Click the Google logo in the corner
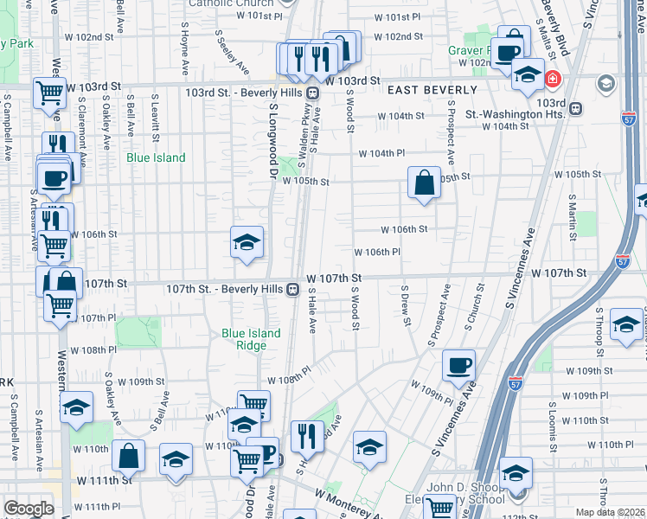(28, 509)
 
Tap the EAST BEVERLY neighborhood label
(432, 90)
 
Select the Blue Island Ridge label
(251, 339)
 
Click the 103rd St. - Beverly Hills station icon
(313, 93)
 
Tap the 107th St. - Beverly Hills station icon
(294, 290)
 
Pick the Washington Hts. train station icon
(573, 109)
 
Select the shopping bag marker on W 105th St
(424, 183)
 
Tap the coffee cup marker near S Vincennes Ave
(459, 364)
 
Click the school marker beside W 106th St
(246, 242)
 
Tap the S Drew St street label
(405, 305)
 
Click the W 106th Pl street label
(377, 253)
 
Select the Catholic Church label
(231, 3)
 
